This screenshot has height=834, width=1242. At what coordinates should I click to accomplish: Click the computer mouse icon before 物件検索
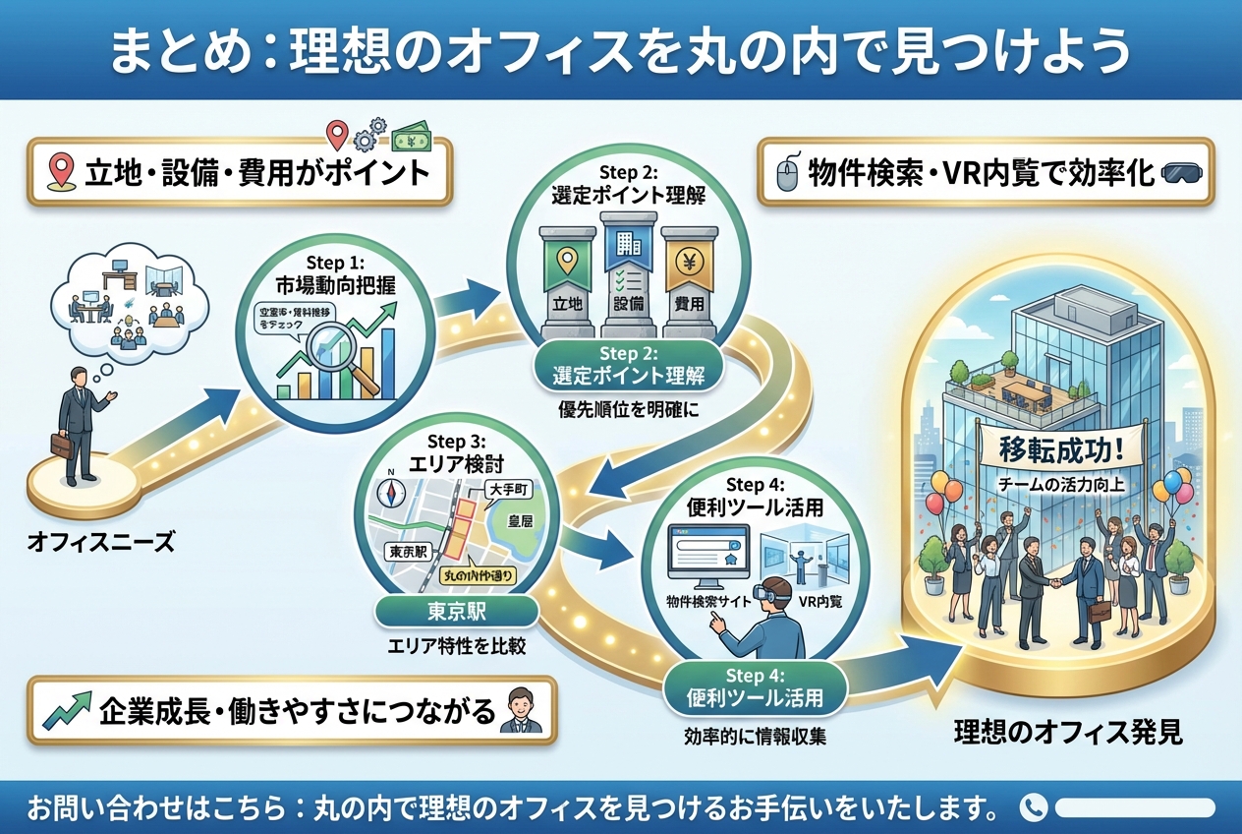tap(785, 174)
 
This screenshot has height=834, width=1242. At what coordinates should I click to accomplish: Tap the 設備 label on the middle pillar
tap(625, 305)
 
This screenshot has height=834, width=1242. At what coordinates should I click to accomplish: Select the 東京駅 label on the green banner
tap(457, 612)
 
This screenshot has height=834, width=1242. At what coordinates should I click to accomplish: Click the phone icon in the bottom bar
tap(1033, 807)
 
